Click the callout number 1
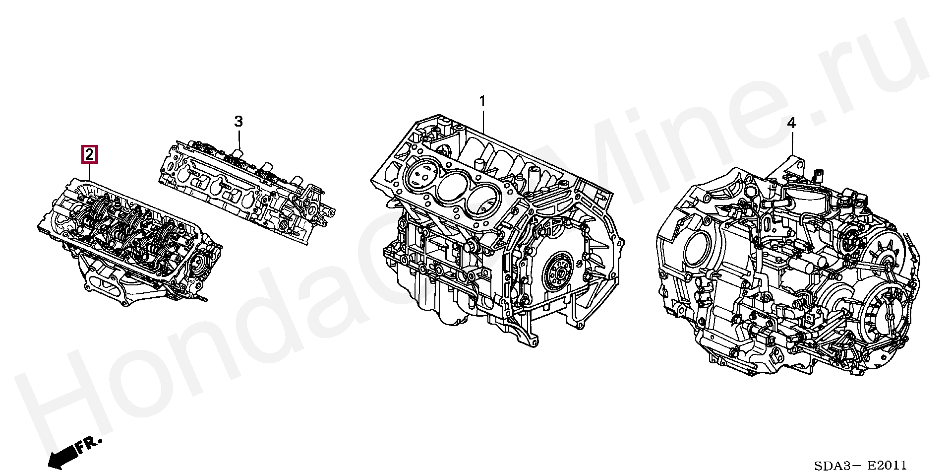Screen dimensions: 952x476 click(x=482, y=102)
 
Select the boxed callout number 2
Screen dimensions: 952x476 click(x=89, y=155)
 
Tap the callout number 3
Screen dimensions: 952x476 click(x=238, y=122)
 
